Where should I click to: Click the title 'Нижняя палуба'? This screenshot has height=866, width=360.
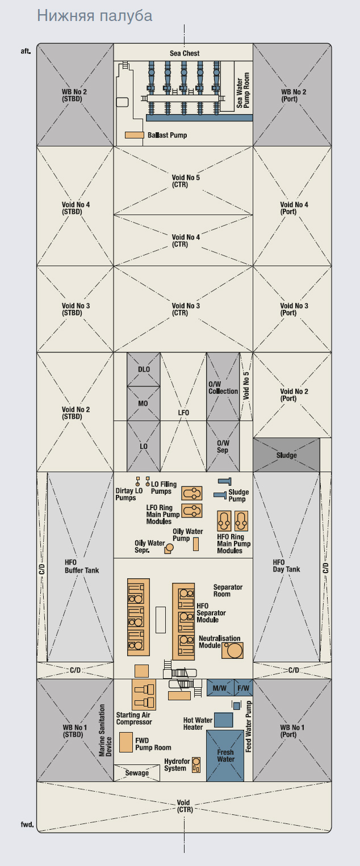95,16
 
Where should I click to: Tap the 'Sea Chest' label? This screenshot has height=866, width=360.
185,53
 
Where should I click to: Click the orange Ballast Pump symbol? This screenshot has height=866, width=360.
135,135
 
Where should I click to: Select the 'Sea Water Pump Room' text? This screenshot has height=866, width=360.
243,90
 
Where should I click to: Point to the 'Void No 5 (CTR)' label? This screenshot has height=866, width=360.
186,181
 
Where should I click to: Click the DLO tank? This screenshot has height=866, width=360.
144,369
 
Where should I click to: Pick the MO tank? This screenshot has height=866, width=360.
144,403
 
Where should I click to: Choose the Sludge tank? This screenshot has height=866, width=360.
287,455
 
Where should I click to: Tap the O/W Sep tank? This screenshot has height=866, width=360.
223,446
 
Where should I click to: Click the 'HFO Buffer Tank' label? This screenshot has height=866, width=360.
82,566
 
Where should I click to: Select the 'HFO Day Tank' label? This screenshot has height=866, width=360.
286,566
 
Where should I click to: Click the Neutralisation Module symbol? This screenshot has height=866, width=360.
232,650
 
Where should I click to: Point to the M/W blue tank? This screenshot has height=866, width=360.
220,687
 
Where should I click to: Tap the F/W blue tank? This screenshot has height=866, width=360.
243,687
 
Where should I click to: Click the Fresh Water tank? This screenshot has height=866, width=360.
225,756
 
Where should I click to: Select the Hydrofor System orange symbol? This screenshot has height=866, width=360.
196,765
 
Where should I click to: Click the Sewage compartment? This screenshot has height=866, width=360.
137,773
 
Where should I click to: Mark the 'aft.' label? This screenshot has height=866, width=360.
26,51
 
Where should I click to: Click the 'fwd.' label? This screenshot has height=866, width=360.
27,824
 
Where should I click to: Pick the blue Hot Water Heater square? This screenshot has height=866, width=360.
224,720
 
